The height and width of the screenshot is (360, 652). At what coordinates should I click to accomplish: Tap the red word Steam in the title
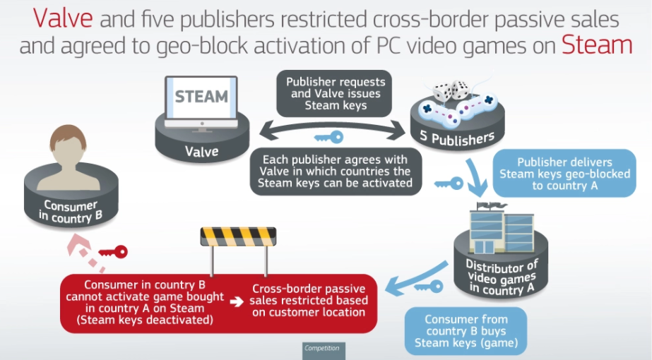coord(597,45)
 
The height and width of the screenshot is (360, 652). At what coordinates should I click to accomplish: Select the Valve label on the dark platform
coord(201,151)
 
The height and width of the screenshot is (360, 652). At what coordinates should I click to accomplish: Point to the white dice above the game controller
coord(451,90)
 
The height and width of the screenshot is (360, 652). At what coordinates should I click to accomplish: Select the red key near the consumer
coord(113,251)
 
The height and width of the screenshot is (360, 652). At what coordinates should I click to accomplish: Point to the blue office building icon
coord(492,224)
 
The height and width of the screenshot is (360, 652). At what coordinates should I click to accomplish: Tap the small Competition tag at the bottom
coord(322,349)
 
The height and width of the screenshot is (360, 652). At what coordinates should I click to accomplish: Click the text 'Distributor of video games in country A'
coord(502,277)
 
